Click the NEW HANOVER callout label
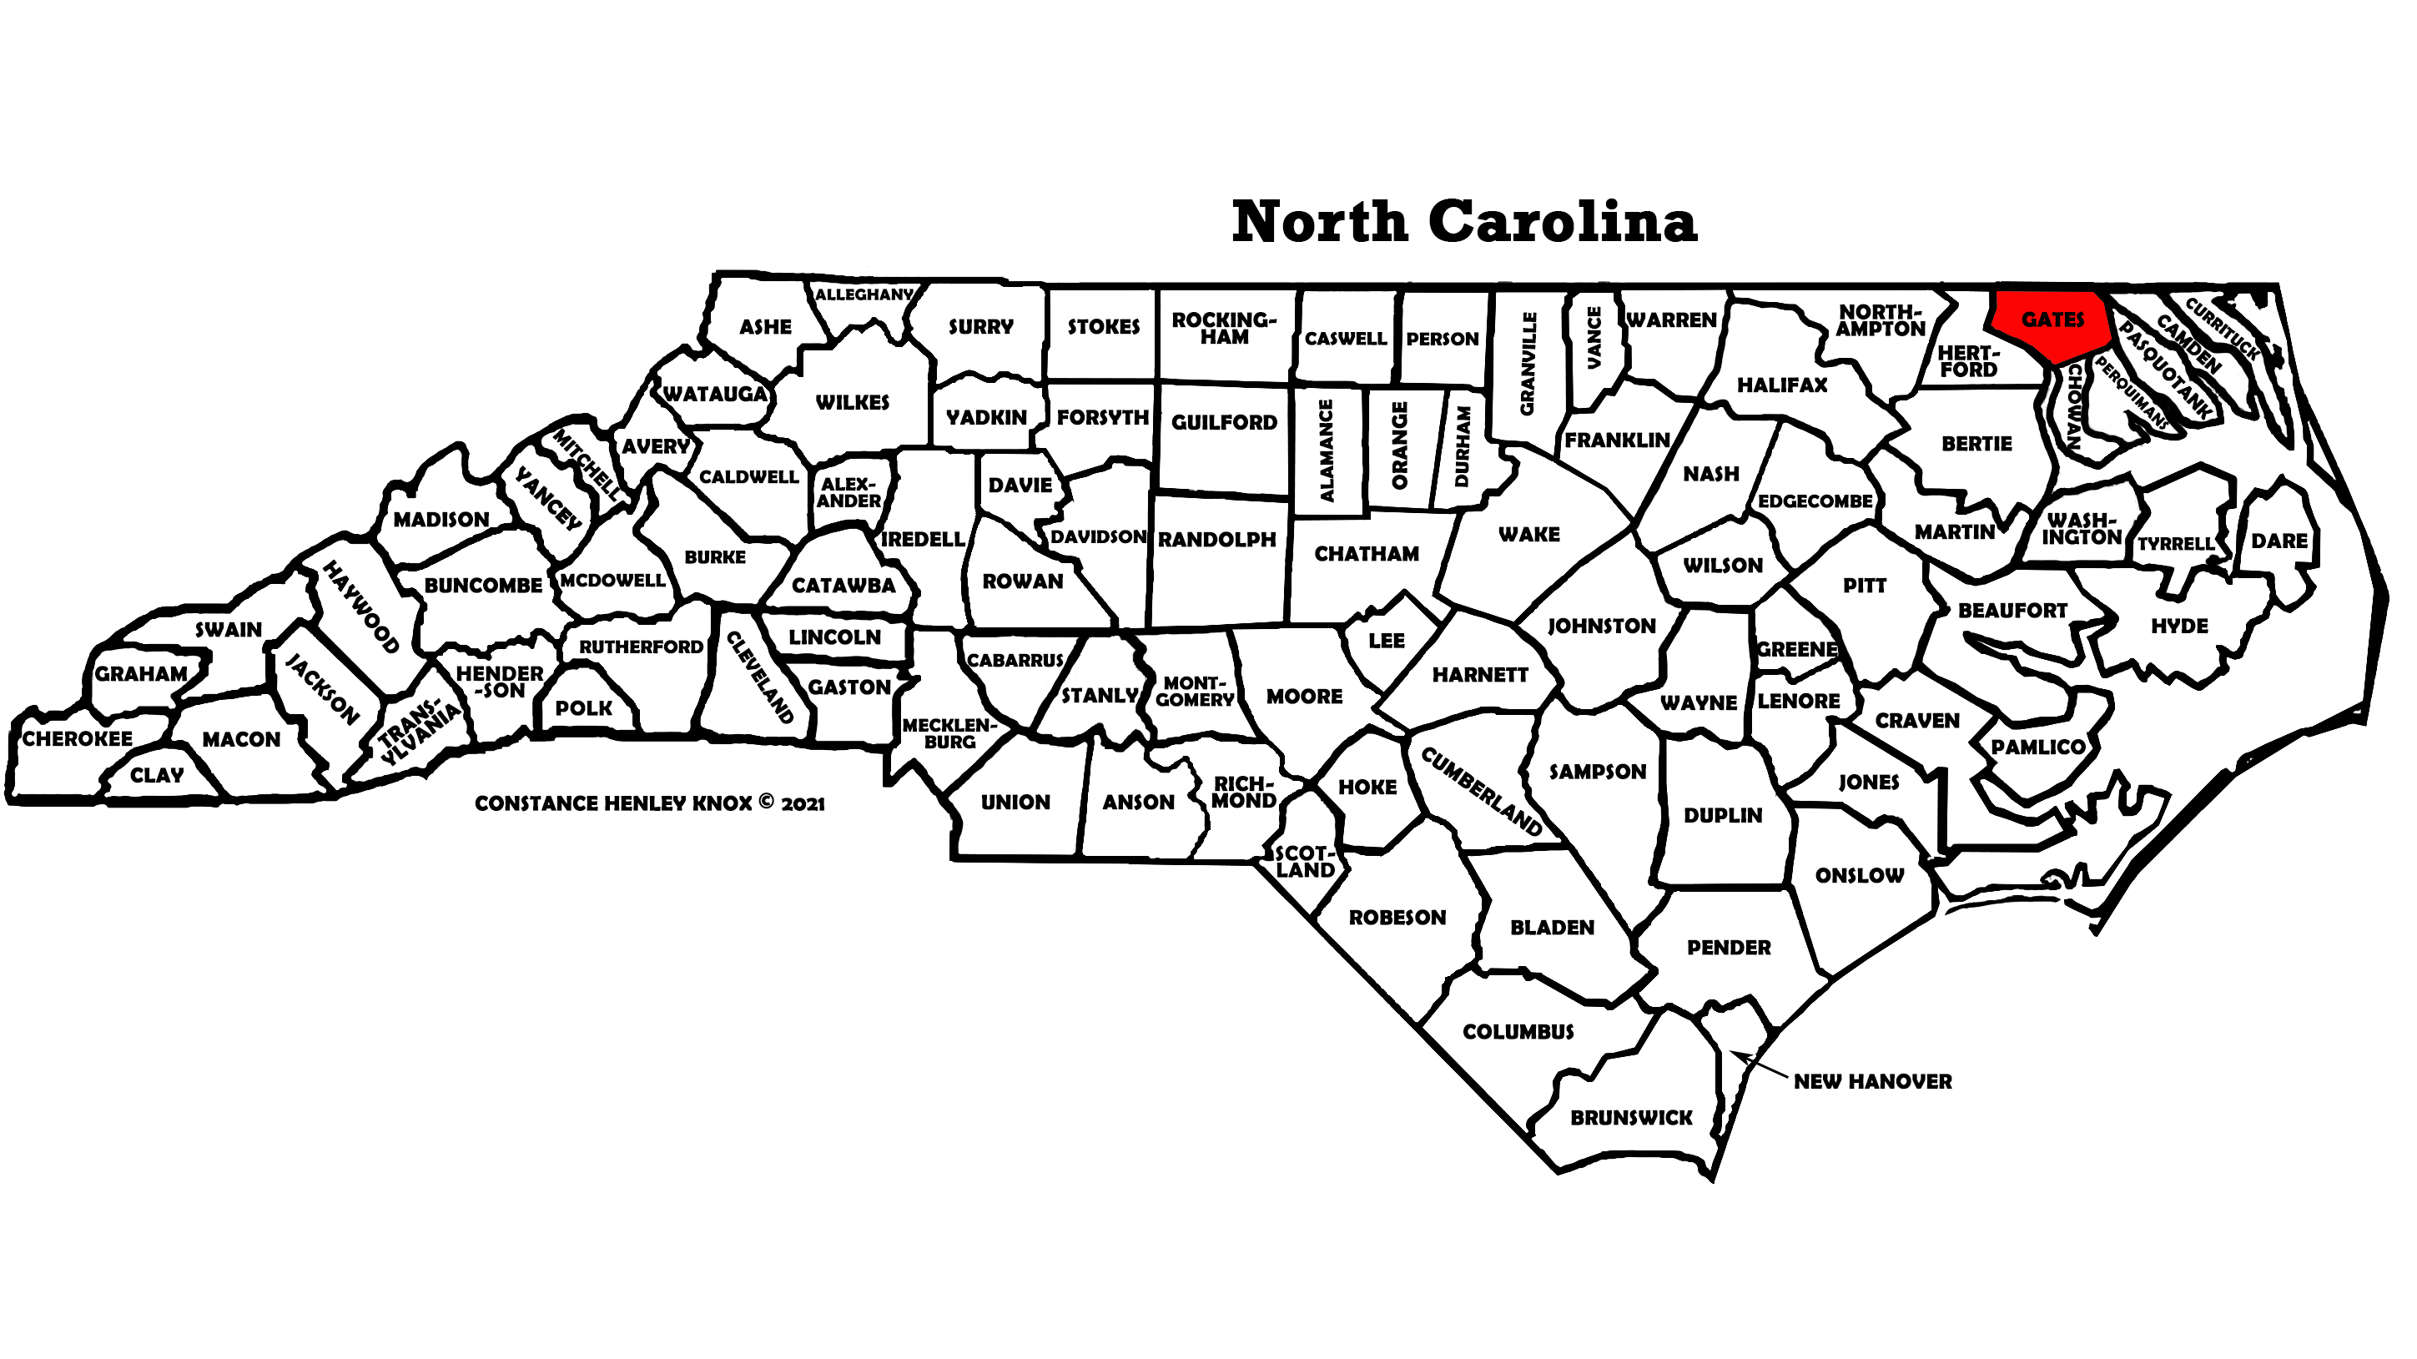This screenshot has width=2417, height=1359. pos(1872,1081)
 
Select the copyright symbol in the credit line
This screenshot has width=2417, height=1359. pos(766,802)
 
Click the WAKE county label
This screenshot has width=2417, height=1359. pos(1528,535)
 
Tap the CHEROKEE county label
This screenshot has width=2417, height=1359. pos(77,738)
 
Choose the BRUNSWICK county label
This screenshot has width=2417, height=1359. pos(1631,1118)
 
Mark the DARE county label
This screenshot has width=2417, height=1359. pos(2279,541)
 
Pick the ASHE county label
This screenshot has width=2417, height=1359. pos(765,328)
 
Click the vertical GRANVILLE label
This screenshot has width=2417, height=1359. pos(1528,364)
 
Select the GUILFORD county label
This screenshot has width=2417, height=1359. pos(1223,423)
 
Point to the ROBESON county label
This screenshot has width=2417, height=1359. pos(1397,918)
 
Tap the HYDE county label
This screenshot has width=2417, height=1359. pos(2178,626)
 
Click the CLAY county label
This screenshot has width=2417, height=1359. pos(157,776)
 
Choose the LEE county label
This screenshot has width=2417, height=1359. pos(1386,641)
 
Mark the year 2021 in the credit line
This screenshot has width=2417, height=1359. pos(803,804)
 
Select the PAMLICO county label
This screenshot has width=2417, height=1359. pos(2038,747)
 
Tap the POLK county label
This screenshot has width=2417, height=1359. pos(584,708)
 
